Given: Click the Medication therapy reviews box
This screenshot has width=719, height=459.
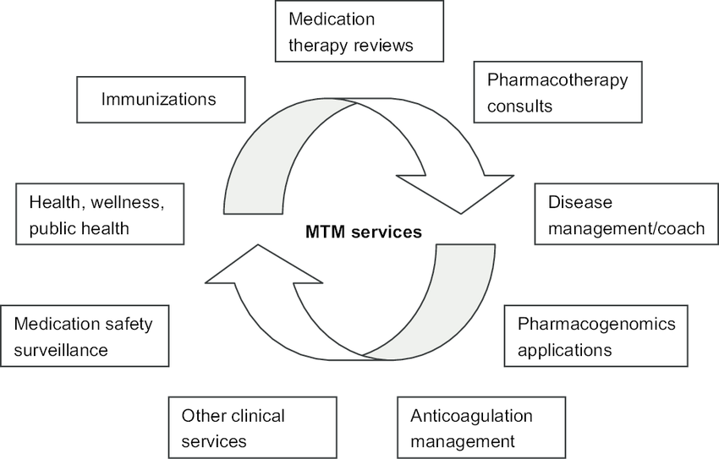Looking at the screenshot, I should pos(359,31).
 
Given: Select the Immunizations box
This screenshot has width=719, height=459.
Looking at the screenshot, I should pos(161,100).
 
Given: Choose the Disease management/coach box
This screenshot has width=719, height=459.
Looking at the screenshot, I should pos(626,215).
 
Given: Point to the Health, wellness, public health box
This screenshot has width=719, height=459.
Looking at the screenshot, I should pos(100,215).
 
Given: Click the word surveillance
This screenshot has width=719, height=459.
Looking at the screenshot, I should pos(61,349).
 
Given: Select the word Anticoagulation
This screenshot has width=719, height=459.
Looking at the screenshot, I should pos(471,415).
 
